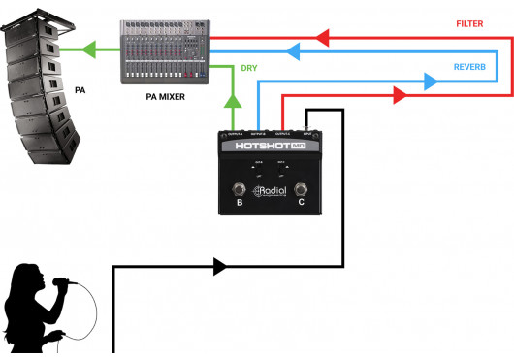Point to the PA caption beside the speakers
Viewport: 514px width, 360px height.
coord(80,89)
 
